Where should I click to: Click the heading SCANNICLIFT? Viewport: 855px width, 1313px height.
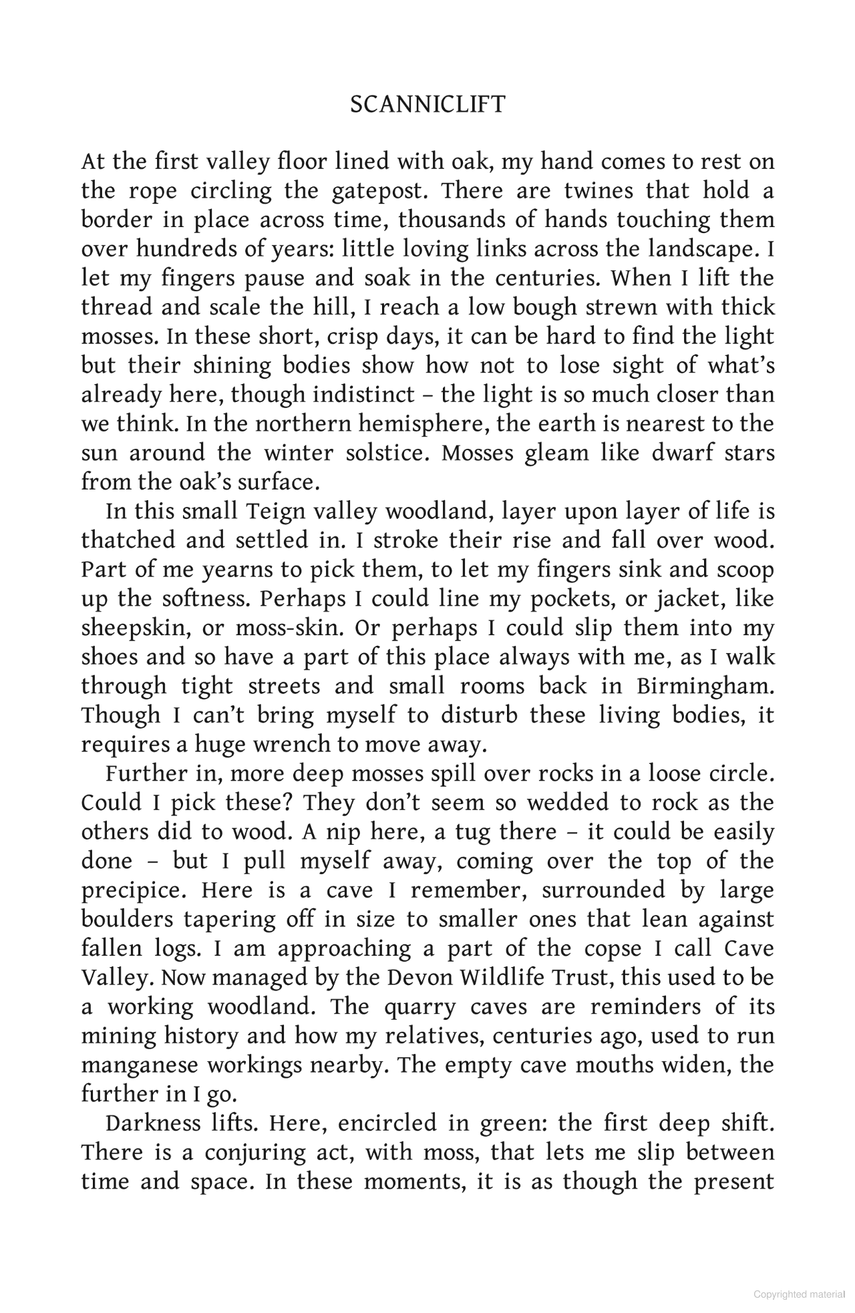click(427, 105)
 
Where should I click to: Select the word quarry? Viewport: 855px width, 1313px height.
click(419, 1007)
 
